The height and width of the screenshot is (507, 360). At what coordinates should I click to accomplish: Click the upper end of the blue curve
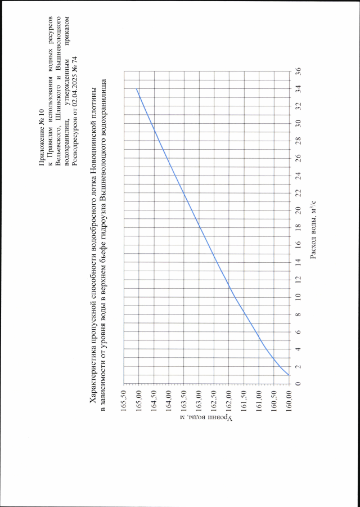pos(136,89)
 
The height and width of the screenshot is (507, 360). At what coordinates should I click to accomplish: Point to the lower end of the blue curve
pos(289,375)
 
